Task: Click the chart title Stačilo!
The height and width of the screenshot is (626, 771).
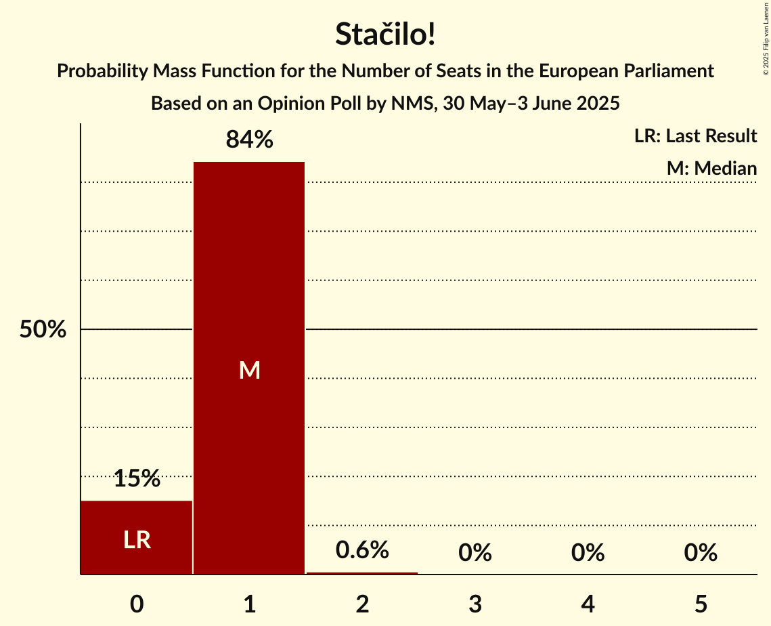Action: click(385, 35)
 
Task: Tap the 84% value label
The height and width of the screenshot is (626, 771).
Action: click(249, 140)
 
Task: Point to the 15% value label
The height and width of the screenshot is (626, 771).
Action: click(137, 479)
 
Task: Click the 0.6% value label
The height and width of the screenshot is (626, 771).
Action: click(362, 550)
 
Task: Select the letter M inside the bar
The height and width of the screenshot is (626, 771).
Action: click(249, 370)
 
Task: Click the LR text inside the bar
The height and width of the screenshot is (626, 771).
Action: click(137, 540)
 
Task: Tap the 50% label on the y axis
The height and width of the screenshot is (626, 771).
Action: click(43, 330)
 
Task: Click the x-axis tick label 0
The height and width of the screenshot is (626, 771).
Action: click(137, 604)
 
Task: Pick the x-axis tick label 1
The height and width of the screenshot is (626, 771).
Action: click(249, 604)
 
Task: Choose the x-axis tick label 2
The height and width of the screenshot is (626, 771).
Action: click(362, 604)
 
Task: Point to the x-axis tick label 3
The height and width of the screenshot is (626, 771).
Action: click(475, 604)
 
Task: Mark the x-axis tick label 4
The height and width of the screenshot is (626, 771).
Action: click(588, 604)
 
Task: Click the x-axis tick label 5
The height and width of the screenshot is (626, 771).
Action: click(701, 604)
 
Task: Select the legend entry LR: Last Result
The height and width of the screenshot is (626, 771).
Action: click(695, 136)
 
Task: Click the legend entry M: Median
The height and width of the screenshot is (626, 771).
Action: click(711, 169)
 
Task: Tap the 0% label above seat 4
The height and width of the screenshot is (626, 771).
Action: click(588, 554)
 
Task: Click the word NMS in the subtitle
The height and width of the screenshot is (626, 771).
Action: click(408, 104)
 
